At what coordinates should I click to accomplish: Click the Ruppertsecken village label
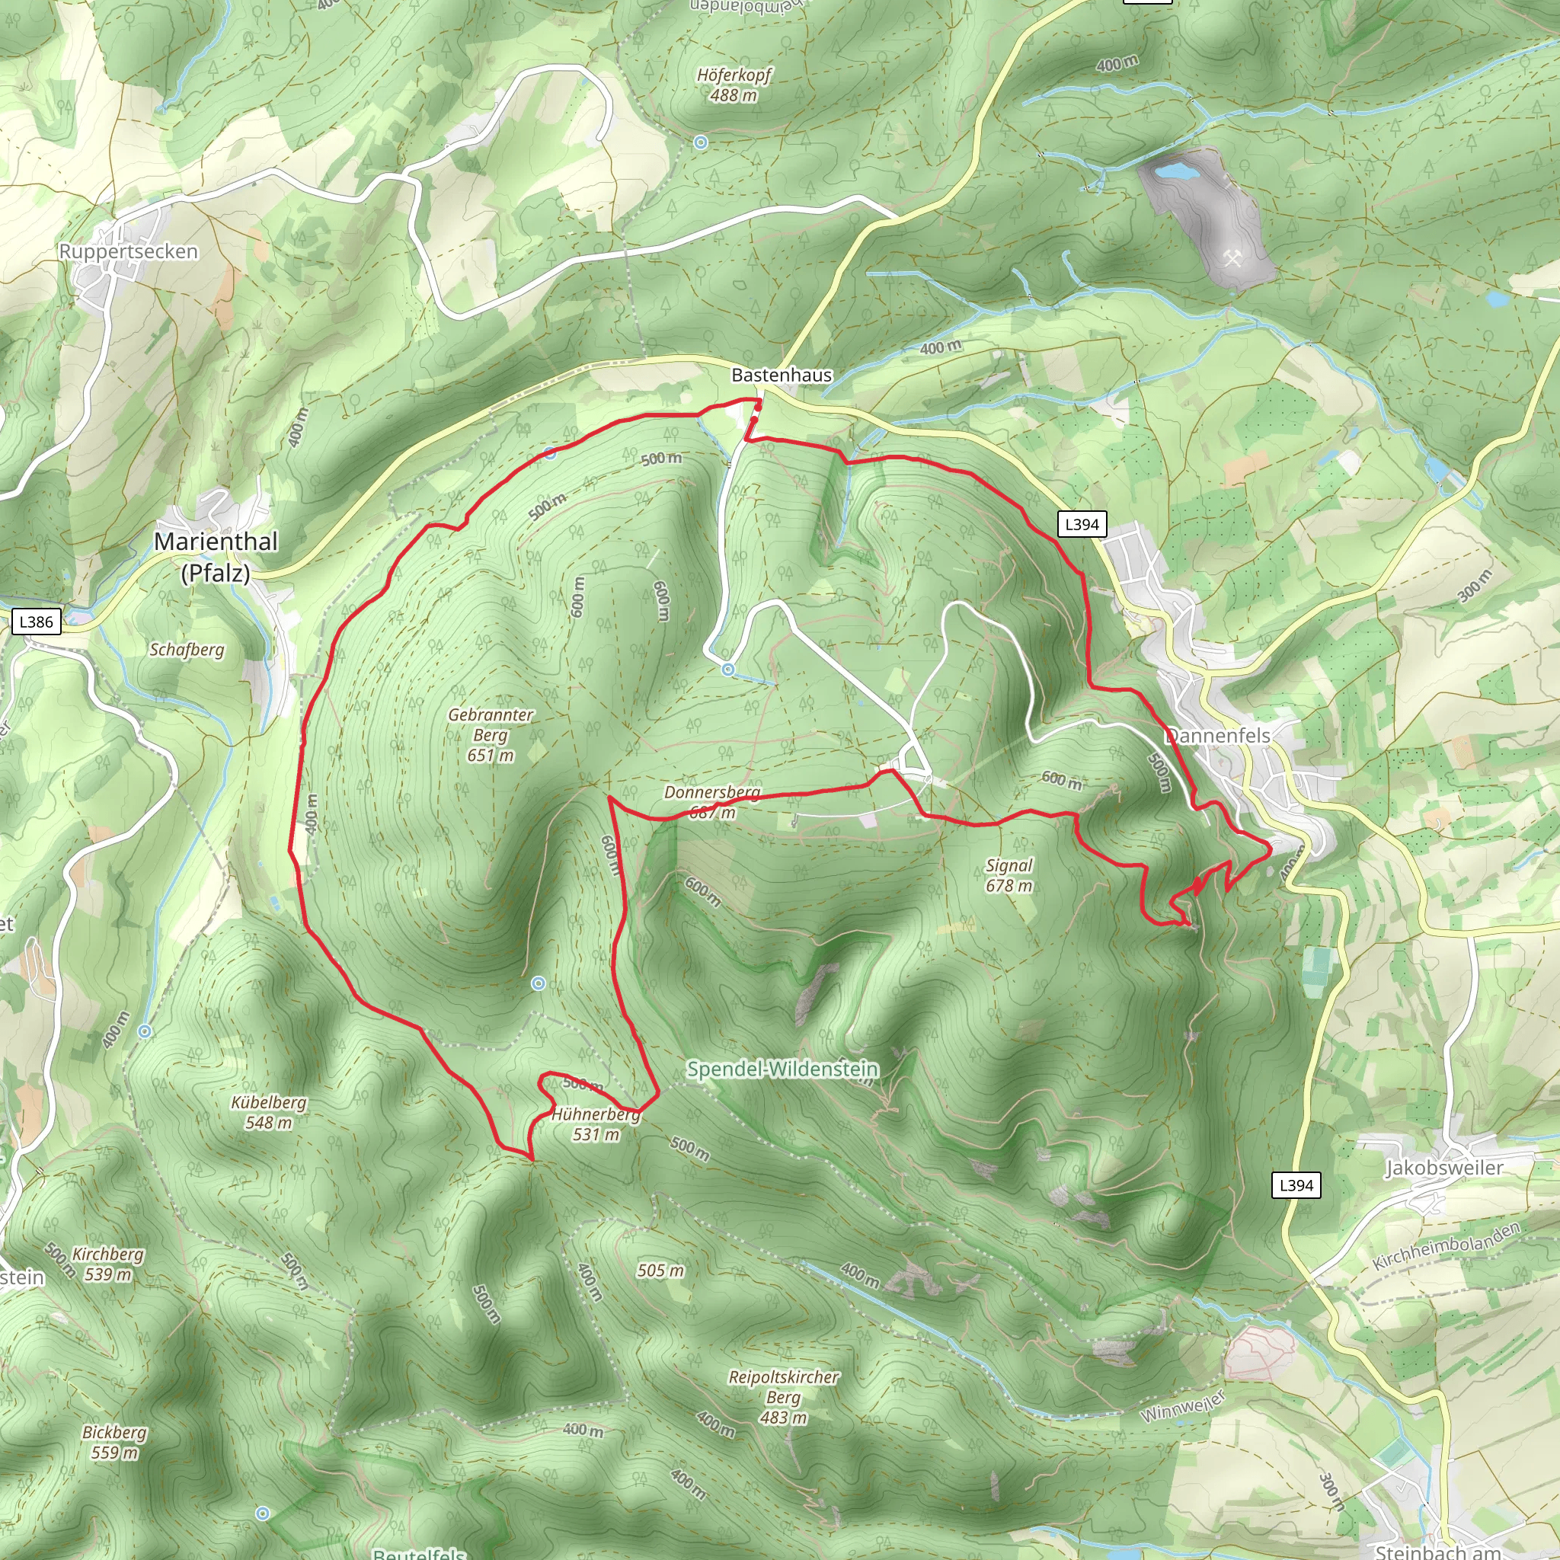tap(129, 251)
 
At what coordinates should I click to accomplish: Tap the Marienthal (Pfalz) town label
tap(216, 556)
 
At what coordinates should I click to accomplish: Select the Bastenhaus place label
tap(781, 375)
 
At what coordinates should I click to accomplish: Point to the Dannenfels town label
tap(1218, 736)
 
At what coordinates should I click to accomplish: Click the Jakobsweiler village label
tap(1443, 1168)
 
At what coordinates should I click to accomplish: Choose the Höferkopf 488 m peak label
tap(734, 85)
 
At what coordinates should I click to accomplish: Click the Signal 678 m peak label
tap(1009, 875)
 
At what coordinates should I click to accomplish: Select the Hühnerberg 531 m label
tap(596, 1124)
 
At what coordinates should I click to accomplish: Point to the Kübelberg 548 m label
tap(269, 1112)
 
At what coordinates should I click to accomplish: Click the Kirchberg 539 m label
tap(108, 1264)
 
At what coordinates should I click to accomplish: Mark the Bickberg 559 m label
tap(115, 1442)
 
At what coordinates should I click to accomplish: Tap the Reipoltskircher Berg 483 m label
tap(783, 1397)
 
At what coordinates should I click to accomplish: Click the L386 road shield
tap(37, 622)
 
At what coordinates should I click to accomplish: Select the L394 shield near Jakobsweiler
tap(1296, 1185)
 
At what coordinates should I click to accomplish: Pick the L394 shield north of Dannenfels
tap(1082, 524)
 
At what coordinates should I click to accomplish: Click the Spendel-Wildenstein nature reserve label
tap(782, 1069)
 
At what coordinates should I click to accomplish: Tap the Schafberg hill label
tap(187, 649)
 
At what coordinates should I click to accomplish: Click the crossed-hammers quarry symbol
tap(1232, 258)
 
